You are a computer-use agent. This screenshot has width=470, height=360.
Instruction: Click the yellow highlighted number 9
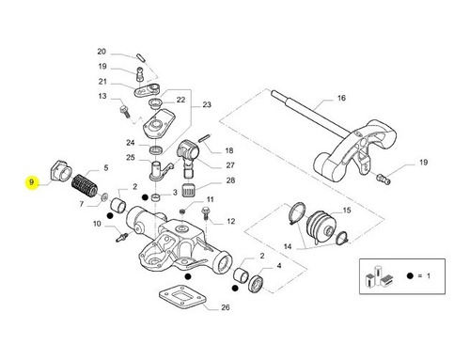[x=31, y=182]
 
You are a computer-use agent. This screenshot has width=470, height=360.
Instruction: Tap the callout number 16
[x=341, y=98]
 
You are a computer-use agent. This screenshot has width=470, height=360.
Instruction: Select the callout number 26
[x=226, y=307]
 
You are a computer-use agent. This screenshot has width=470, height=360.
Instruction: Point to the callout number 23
[x=207, y=104]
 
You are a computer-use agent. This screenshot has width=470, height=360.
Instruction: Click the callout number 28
[x=230, y=180]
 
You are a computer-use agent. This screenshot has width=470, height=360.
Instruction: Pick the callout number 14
[x=288, y=246]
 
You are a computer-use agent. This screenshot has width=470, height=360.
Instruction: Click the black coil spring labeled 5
[x=85, y=185]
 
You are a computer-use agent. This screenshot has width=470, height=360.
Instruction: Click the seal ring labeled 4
[x=257, y=284]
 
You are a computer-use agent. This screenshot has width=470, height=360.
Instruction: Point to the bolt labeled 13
[x=125, y=112]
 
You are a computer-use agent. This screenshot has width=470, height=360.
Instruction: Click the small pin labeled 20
[x=140, y=58]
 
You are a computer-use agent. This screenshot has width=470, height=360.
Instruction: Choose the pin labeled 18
[x=203, y=138]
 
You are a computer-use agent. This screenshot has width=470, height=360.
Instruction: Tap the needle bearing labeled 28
[x=188, y=190]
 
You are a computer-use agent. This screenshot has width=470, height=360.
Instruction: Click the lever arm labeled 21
[x=148, y=90]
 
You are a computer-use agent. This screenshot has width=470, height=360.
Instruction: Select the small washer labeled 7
[x=104, y=197]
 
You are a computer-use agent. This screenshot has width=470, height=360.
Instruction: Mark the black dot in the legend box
[x=409, y=276]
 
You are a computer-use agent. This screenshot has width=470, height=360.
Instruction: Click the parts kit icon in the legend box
[x=379, y=276]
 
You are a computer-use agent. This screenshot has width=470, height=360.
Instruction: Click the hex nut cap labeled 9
[x=61, y=171]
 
